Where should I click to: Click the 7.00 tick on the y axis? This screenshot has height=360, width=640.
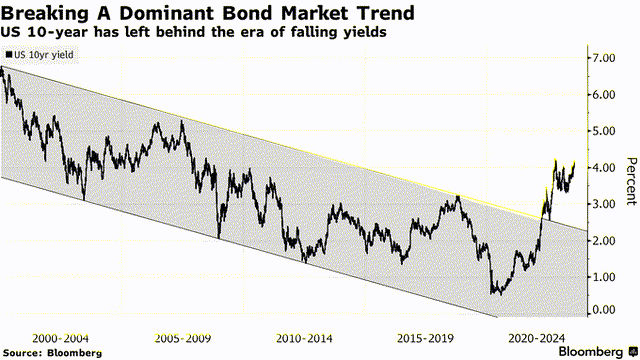[602, 58]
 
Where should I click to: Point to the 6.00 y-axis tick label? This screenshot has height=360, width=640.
[602, 94]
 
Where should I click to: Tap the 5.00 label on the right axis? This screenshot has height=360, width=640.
[602, 131]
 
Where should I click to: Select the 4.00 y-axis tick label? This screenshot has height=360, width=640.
[602, 167]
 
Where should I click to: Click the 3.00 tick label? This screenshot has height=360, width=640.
[602, 204]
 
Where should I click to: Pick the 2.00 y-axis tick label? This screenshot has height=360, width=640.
[602, 240]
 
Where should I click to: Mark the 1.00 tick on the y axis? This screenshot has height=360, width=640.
[602, 276]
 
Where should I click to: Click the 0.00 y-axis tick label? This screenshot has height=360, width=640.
[602, 310]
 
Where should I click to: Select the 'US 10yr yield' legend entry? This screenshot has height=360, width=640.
[36, 55]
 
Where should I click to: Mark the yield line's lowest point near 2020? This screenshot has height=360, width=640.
[493, 293]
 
